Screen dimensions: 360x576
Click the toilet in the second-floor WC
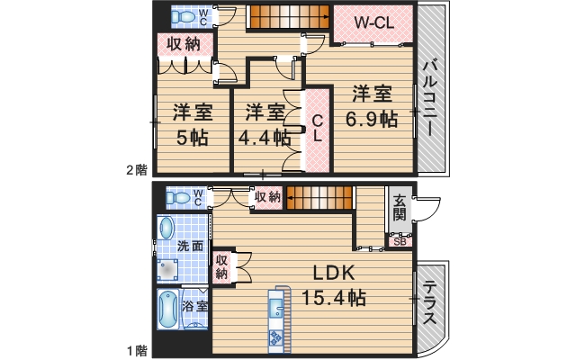tap(185, 17)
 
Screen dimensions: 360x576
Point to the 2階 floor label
tap(135, 169)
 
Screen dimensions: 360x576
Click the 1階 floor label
tap(135, 349)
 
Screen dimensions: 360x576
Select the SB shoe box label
tap(399, 239)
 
